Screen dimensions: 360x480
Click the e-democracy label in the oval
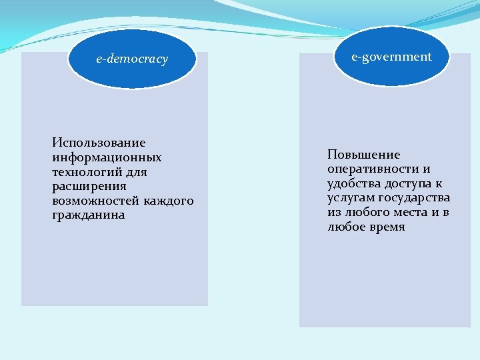tap(132, 59)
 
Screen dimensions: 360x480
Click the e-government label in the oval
tap(392, 57)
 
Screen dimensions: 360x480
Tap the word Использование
tap(99, 143)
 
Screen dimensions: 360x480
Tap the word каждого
tap(168, 201)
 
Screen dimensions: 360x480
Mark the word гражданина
tap(88, 216)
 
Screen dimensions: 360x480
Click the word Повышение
tap(363, 154)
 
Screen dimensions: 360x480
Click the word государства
tap(414, 198)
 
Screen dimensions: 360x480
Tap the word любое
tap(345, 227)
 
